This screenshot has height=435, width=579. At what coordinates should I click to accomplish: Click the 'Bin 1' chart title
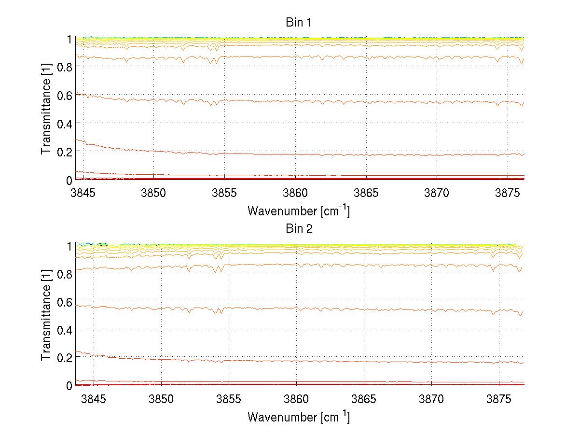coord(299,22)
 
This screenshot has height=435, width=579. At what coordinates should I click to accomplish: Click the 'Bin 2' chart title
coord(299,229)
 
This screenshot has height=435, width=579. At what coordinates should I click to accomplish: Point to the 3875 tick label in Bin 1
coord(508,193)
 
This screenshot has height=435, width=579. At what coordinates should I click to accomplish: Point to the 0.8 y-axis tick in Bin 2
coord(64,274)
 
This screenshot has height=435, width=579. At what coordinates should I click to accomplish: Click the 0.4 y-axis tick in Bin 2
coord(64,330)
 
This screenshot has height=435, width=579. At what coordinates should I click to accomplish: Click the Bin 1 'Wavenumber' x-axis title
coord(299,210)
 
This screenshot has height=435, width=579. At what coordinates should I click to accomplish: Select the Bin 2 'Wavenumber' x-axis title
coord(299,417)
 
